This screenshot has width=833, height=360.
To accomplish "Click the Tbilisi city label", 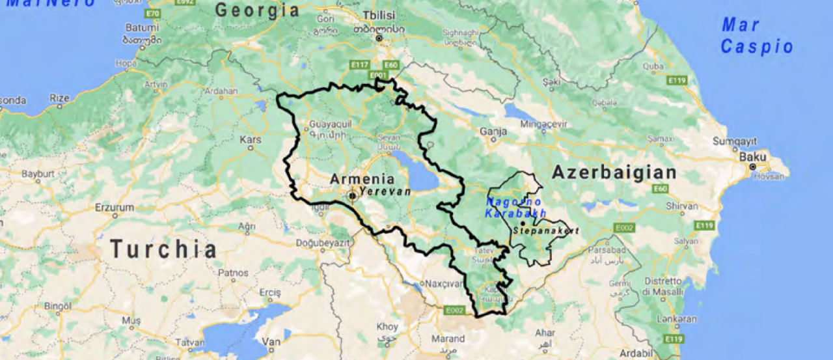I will (379, 16).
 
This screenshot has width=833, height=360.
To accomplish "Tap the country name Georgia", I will (257, 10).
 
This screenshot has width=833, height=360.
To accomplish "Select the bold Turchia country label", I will (163, 249).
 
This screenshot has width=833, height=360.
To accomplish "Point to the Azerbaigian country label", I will (614, 173).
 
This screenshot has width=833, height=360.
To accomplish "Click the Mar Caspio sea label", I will (756, 36).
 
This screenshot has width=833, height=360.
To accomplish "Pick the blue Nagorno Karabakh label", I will (515, 208).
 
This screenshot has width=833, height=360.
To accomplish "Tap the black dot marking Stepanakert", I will (522, 223).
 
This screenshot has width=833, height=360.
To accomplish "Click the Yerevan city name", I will (385, 192).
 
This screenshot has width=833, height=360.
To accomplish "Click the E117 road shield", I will (359, 64).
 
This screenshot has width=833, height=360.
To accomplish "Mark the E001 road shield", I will (378, 76).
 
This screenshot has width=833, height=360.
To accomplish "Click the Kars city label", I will (250, 139).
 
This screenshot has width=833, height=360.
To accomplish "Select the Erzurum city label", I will (114, 207).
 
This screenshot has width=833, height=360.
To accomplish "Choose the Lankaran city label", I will (677, 319).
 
